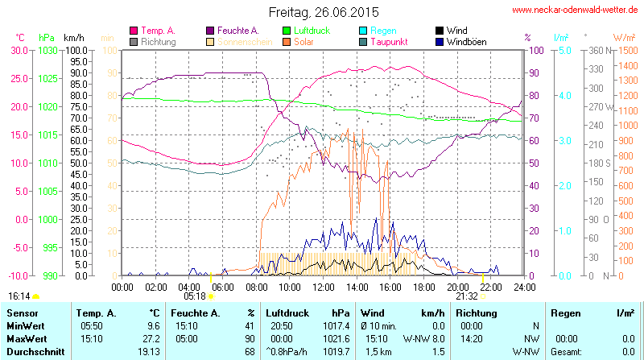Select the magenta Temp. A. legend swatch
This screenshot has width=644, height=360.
tap(134, 31)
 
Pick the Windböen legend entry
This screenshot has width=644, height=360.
tap(466, 41)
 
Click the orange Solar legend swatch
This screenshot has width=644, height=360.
tap(286, 41)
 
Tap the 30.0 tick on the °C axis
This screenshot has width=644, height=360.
tap(19, 50)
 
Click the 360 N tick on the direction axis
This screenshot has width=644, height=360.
tap(596, 50)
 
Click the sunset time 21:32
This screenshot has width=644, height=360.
tap(467, 296)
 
